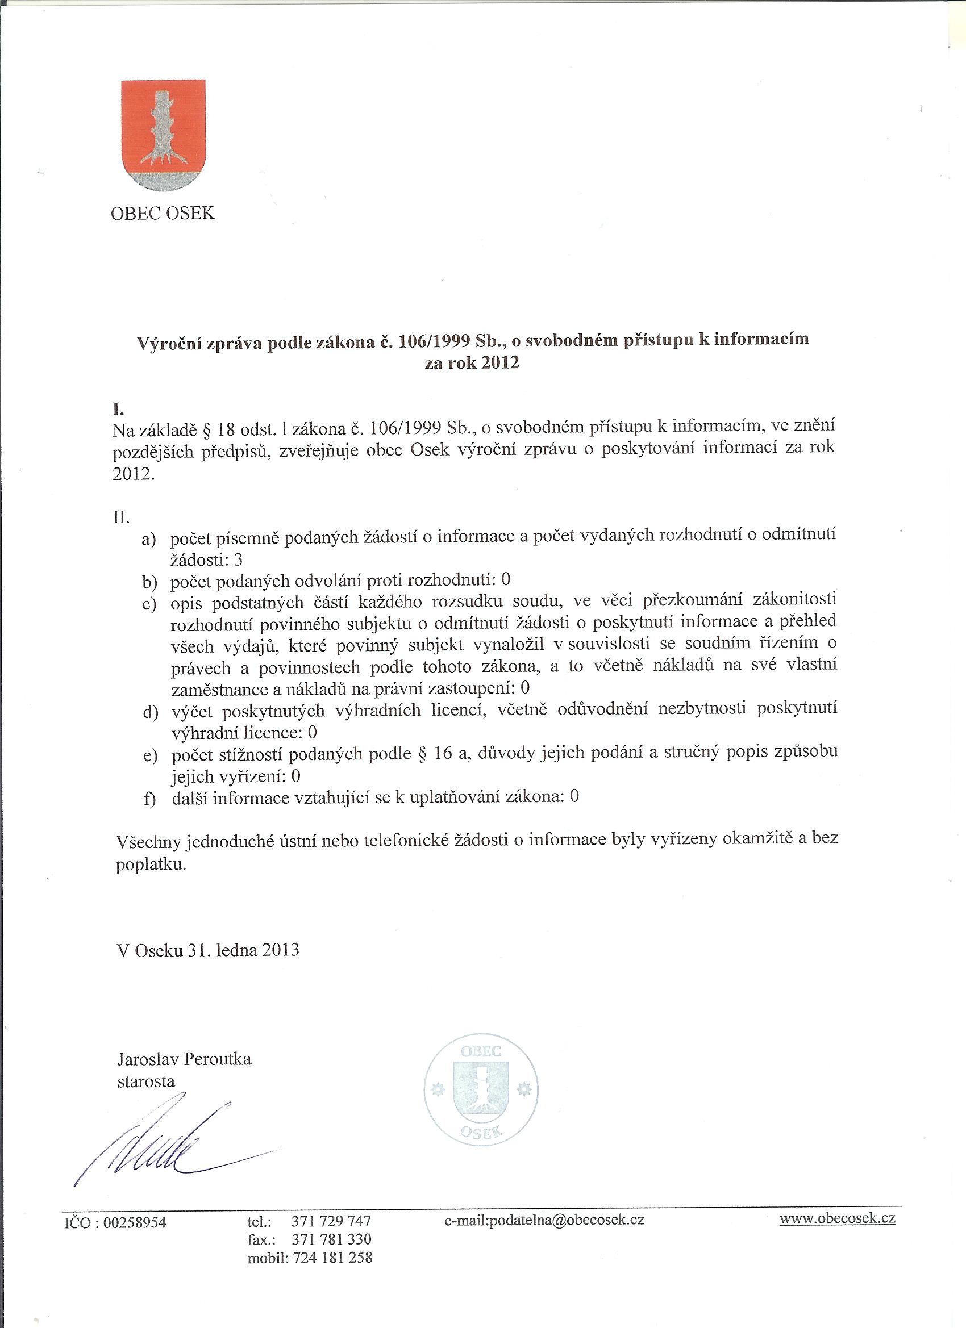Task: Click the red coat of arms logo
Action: tap(163, 135)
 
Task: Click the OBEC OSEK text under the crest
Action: tap(163, 213)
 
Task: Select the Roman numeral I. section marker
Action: tap(117, 409)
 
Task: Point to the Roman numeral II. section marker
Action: tap(120, 517)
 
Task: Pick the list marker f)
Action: tap(150, 799)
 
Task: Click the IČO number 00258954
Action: tap(134, 1222)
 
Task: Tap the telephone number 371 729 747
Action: tap(331, 1221)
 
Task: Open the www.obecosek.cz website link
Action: tap(837, 1218)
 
